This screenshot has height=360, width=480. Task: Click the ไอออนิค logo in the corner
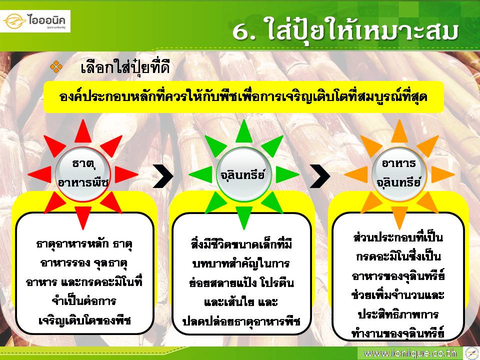35,21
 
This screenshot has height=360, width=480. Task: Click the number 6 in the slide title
243,31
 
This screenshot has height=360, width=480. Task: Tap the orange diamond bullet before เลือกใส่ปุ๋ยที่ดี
56,66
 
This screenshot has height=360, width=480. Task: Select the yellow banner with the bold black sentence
243,97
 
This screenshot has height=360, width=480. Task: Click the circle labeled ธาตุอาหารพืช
83,174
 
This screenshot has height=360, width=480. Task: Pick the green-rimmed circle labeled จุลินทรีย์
243,174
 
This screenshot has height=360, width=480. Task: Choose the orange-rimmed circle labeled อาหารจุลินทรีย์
399,174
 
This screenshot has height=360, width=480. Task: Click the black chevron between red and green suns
164,176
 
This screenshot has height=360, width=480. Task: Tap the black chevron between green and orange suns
320,176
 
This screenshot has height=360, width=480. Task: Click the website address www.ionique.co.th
410,353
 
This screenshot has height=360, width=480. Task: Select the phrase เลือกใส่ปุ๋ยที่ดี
125,67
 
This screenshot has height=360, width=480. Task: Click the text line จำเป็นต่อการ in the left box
83,301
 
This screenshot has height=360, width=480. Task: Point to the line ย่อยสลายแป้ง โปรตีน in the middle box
241,282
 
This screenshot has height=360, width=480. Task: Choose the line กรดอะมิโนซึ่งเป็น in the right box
398,256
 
